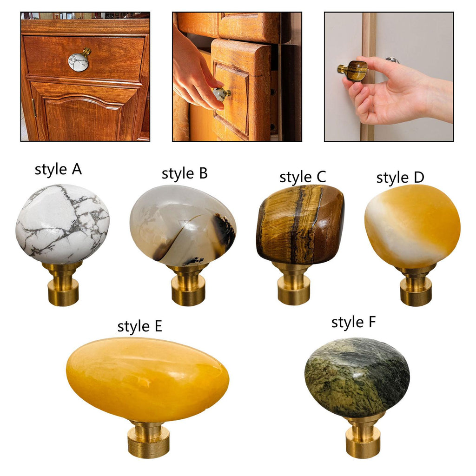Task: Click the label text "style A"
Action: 58,169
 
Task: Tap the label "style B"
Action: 185,174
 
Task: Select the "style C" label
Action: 303,177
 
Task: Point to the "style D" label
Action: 400,178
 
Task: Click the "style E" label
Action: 139,327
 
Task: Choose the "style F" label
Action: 353,323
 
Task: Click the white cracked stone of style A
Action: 63,224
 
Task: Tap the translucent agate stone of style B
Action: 183,225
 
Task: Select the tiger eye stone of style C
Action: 300,225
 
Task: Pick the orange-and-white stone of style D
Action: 412,226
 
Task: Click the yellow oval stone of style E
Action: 147,379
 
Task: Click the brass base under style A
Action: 63,284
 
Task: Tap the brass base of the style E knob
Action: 148,439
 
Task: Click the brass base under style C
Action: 294,284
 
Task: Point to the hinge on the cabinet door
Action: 33,107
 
